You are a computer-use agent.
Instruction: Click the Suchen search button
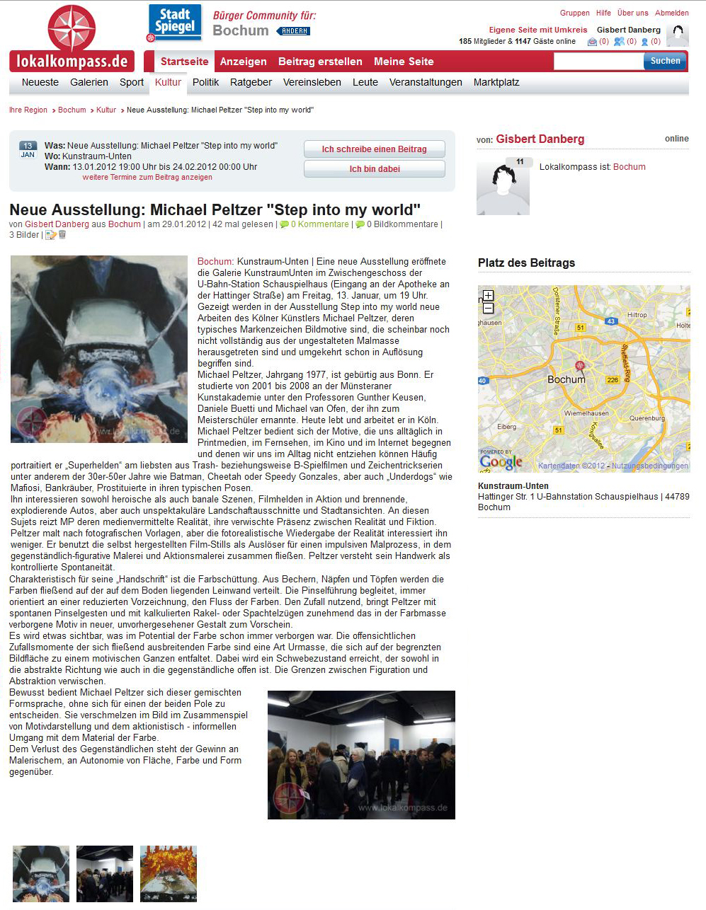665,61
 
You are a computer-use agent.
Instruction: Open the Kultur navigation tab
168,82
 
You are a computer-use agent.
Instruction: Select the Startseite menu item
184,62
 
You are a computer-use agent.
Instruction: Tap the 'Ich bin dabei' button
374,169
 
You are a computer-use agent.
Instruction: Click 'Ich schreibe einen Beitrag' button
374,149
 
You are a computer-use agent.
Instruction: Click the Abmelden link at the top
671,13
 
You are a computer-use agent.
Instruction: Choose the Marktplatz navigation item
496,82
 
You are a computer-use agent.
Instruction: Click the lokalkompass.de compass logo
72,39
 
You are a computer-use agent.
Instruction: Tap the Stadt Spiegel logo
174,23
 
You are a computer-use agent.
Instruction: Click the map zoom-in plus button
488,296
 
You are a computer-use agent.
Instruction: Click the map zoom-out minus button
488,308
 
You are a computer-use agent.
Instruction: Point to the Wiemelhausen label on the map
586,413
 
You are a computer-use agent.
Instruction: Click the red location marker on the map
580,366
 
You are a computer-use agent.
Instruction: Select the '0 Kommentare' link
319,224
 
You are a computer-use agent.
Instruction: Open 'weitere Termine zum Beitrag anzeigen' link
147,177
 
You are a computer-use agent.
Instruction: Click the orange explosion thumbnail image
169,873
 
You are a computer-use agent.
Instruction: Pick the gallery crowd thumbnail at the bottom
105,873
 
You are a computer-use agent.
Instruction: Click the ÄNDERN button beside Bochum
294,31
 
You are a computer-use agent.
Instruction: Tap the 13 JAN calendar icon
28,149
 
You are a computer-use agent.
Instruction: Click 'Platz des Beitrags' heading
526,263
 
